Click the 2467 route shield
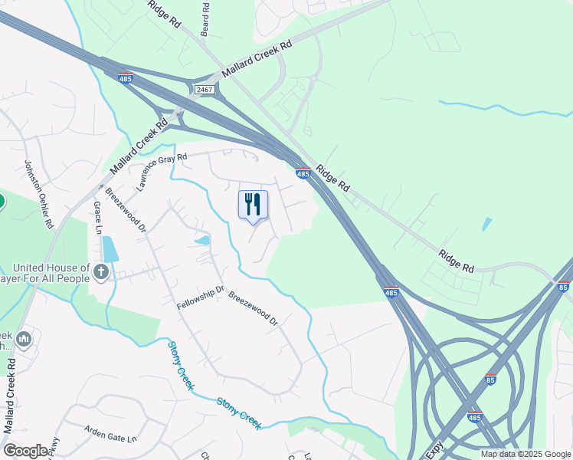point(204,90)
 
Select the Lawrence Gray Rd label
point(162,171)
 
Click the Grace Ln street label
point(97,218)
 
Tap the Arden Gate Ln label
point(110,433)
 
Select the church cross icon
point(100,271)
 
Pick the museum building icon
point(24,338)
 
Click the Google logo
point(26,451)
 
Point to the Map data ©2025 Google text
point(526,454)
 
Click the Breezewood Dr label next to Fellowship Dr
point(252,307)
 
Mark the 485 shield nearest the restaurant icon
point(303,174)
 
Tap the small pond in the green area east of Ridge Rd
point(487,224)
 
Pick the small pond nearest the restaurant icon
point(202,241)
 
